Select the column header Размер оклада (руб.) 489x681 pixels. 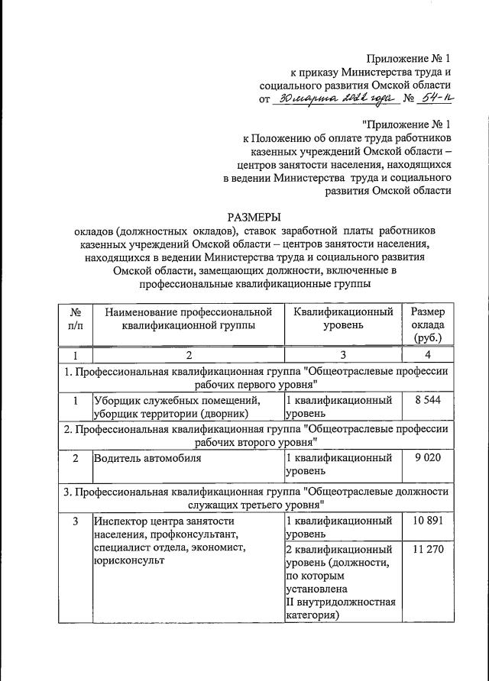(x=429, y=324)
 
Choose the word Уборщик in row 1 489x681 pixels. (x=115, y=400)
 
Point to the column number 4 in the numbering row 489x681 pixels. (x=428, y=356)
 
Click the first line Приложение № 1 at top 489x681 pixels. (x=408, y=58)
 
